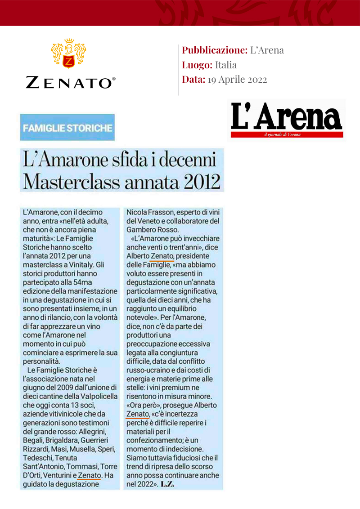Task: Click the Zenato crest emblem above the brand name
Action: click(68, 55)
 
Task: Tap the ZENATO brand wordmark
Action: click(70, 83)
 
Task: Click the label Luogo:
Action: click(197, 65)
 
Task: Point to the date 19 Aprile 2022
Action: click(237, 80)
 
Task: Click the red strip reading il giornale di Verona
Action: click(287, 134)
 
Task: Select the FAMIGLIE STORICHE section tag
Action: click(67, 128)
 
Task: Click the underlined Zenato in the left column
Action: click(90, 474)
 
